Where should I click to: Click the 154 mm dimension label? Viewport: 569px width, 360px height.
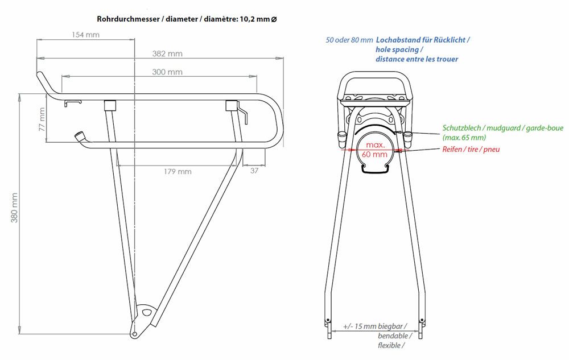pos(86,35)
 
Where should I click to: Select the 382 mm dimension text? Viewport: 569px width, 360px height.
pos(167,53)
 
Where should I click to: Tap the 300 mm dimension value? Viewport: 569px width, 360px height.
pos(167,72)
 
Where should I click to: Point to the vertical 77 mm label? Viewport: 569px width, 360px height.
pos(42,119)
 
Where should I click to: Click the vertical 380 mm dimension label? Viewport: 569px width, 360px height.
pos(14,208)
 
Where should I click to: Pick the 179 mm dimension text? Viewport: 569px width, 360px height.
pos(178,172)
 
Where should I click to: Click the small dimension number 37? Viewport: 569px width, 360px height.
pos(254,171)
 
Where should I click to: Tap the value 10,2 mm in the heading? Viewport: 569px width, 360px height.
pos(254,19)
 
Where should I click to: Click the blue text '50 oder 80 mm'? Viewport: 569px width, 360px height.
pos(349,40)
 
